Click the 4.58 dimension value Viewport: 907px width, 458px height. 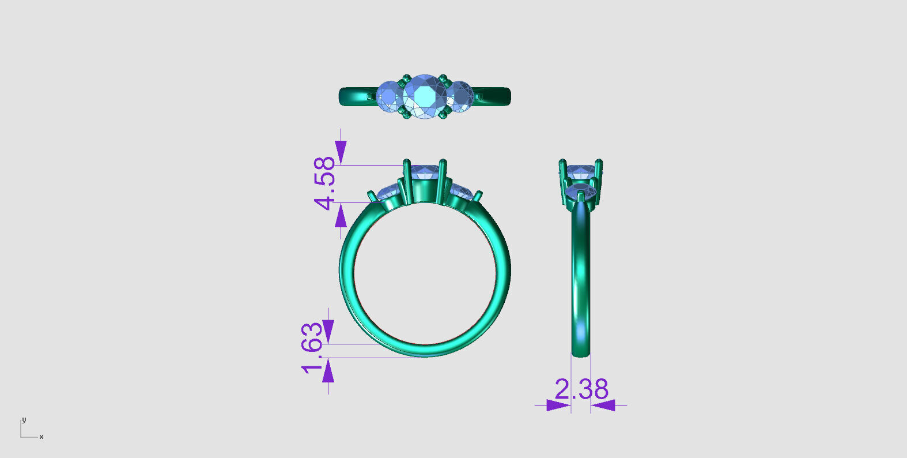(x=325, y=183)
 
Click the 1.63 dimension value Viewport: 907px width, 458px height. (x=312, y=348)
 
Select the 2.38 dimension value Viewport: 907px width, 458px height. (x=581, y=389)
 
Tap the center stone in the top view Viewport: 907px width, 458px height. (x=425, y=96)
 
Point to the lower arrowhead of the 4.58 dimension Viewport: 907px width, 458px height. (x=341, y=216)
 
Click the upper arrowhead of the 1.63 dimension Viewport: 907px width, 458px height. (x=328, y=332)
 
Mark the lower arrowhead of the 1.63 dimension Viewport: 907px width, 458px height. (x=328, y=371)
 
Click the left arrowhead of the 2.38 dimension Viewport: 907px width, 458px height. (x=558, y=405)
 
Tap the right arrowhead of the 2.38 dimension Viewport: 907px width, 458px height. (x=603, y=405)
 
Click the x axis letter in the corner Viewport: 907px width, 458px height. (x=41, y=437)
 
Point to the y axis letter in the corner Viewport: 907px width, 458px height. (x=24, y=419)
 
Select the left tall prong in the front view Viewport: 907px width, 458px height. (x=407, y=180)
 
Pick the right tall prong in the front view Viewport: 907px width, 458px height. (x=443, y=180)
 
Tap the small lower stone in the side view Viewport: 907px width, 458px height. (x=581, y=191)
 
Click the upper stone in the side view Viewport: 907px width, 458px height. (x=580, y=172)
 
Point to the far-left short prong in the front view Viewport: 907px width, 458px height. (x=372, y=196)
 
